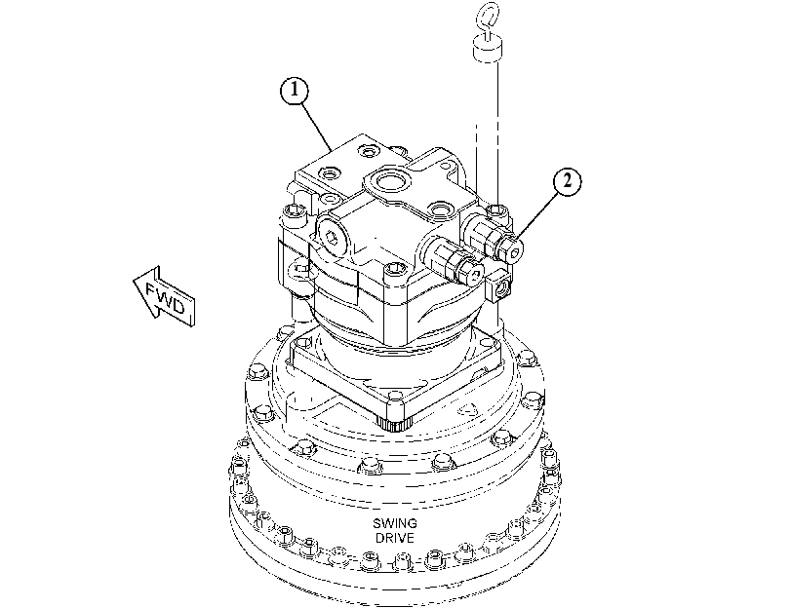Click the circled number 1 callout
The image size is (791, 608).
click(295, 91)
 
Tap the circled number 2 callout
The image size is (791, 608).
click(568, 181)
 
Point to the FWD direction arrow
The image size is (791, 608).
click(164, 296)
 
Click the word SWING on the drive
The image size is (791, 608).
click(395, 523)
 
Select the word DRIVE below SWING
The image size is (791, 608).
click(395, 538)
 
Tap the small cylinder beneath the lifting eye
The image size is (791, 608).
click(488, 51)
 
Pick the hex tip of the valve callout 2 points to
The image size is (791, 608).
click(512, 248)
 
